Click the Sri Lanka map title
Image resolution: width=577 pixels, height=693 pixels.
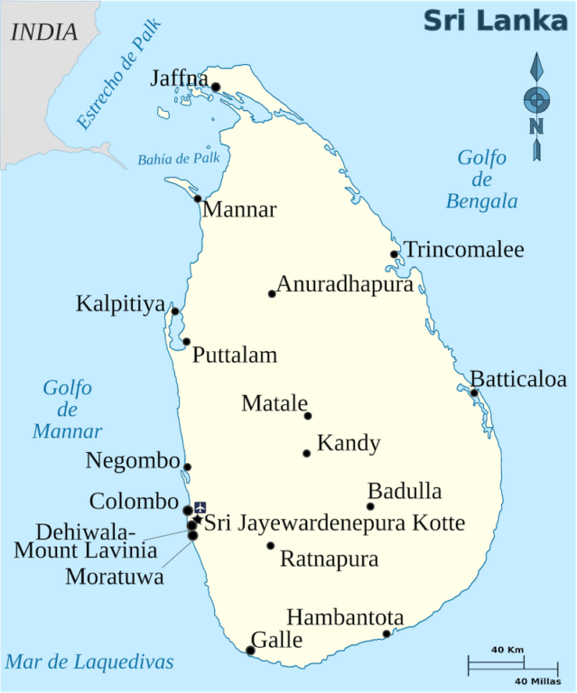[x=496, y=20]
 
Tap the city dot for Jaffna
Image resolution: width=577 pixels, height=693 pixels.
[x=216, y=88]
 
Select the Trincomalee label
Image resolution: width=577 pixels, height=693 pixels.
[x=463, y=250]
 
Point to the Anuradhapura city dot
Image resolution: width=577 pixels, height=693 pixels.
[x=272, y=293]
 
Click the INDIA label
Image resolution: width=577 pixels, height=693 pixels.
[x=43, y=32]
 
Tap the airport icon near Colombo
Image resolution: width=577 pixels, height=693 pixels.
[x=200, y=507]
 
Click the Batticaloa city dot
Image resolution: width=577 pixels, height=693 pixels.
[x=474, y=393]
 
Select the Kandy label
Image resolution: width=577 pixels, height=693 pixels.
[x=349, y=444]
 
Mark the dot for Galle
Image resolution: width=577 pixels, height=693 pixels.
[x=250, y=651]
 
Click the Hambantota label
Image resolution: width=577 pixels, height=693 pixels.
[x=345, y=618]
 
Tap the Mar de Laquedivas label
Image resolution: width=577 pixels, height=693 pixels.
[x=89, y=662]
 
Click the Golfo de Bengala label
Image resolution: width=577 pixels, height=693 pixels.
[x=482, y=179]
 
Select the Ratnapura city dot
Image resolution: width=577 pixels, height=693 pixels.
[x=270, y=545]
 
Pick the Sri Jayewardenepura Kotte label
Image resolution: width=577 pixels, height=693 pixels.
[x=335, y=522]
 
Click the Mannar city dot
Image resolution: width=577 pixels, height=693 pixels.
[x=198, y=199]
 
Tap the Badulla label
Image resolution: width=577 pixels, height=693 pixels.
[x=405, y=492]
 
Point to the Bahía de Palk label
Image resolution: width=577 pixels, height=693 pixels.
[x=179, y=159]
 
